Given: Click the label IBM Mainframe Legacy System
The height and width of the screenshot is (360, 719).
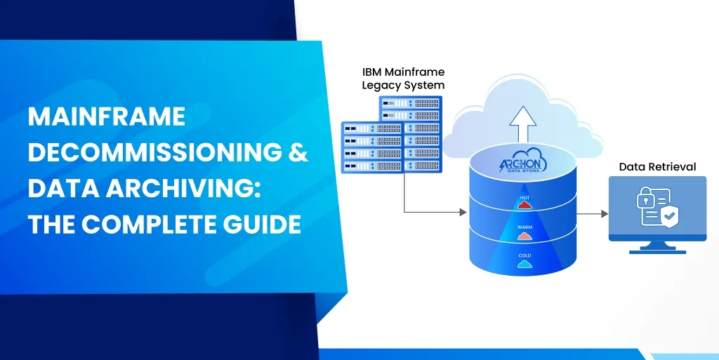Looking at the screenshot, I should [x=403, y=79].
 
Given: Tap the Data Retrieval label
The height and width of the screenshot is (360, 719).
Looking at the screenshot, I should [x=657, y=167].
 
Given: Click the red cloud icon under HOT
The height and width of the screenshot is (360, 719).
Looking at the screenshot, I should [x=525, y=207].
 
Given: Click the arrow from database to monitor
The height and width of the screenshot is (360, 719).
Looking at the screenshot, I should [x=594, y=213].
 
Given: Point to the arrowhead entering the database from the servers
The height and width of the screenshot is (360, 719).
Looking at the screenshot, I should [x=463, y=211].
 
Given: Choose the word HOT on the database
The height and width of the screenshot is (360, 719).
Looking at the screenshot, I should [x=525, y=198].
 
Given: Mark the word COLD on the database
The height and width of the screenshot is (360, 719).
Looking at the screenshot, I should [x=525, y=256].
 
